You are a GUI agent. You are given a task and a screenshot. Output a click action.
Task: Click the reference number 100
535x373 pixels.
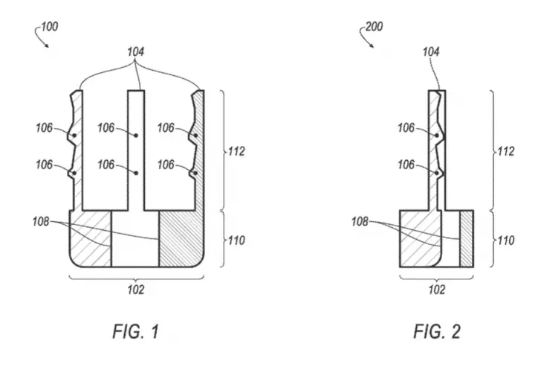50,27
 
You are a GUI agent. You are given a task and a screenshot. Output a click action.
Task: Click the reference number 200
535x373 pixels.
374,27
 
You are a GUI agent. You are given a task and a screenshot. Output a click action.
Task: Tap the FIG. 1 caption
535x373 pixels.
136,331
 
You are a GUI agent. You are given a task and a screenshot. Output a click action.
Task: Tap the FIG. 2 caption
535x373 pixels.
437,331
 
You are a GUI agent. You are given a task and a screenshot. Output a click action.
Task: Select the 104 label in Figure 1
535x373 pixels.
136,52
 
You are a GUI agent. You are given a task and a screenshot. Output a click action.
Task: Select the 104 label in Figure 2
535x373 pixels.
431,52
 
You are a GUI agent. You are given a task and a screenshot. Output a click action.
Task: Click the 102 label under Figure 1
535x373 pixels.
136,290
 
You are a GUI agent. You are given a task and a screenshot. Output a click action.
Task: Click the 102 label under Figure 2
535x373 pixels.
437,290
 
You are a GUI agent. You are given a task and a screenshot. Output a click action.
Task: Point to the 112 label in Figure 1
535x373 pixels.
237,151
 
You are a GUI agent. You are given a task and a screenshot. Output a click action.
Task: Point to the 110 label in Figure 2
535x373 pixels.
506,240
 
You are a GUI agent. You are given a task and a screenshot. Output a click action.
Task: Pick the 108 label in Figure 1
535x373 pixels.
41,222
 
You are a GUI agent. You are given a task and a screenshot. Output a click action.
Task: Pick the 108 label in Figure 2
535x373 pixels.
360,222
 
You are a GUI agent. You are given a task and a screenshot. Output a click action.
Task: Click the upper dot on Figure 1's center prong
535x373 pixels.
136,136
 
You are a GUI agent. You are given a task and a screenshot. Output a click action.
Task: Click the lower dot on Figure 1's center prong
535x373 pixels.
136,173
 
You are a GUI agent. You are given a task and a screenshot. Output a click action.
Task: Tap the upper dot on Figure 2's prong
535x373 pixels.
437,136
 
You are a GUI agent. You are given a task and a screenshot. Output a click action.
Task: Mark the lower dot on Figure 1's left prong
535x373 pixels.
74,173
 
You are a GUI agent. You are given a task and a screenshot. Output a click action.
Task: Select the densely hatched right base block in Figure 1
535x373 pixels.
181,239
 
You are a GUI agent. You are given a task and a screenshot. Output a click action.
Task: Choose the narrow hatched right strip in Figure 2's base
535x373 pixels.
467,239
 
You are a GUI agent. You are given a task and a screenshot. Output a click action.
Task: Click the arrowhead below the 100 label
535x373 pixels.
46,45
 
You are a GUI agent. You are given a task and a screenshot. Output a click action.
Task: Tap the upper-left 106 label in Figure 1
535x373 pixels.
45,128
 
